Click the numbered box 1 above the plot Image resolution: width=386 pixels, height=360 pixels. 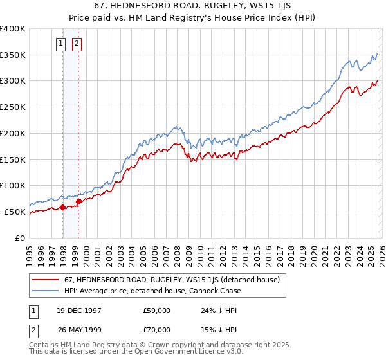60,44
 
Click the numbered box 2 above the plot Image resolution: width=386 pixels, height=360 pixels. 77,44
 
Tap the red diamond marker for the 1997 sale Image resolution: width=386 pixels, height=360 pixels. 63,207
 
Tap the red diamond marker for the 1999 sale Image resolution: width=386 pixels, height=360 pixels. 78,201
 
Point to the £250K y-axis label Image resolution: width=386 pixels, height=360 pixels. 13,107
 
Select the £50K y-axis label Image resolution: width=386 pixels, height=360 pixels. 15,212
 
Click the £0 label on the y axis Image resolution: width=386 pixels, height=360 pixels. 21,238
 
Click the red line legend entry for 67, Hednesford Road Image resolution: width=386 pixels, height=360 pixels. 172,280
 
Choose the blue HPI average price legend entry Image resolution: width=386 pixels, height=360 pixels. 152,291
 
